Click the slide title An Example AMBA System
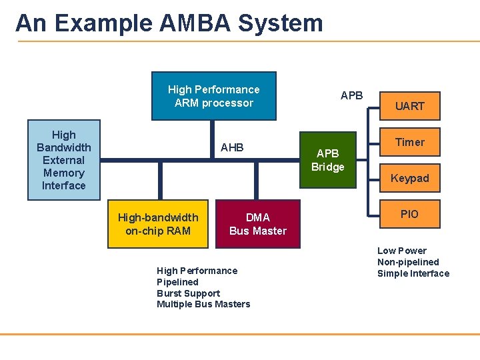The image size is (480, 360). coord(169,23)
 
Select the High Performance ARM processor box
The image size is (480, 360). coord(213,96)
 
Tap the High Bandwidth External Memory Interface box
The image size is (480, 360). coord(63,160)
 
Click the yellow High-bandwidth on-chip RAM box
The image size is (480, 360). coord(158,224)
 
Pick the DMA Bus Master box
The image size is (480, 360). coord(257,224)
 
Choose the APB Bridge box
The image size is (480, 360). coord(327,161)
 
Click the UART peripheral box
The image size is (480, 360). coord(409,106)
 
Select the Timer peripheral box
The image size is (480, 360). coord(409,142)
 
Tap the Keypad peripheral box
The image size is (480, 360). coord(409,178)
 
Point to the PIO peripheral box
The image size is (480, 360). coord(409,214)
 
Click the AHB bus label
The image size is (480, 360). coord(232,147)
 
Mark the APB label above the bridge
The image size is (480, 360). coord(351,95)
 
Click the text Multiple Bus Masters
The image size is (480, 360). coord(203,305)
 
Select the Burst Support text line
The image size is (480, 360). coord(188,293)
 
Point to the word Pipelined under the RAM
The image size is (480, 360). coord(177,282)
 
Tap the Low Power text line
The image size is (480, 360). coord(401,251)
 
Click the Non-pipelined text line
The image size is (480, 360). coord(408,262)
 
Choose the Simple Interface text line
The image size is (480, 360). coord(413,273)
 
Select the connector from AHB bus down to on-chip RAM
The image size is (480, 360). coord(160,181)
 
